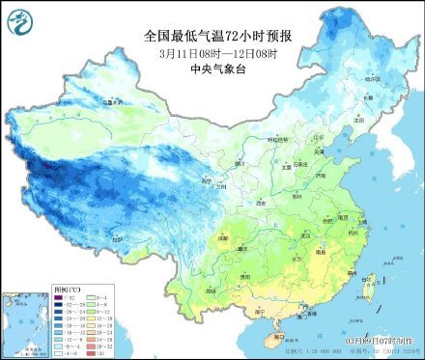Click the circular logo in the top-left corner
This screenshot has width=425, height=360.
coord(17,17)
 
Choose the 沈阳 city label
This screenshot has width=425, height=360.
coord(363,115)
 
